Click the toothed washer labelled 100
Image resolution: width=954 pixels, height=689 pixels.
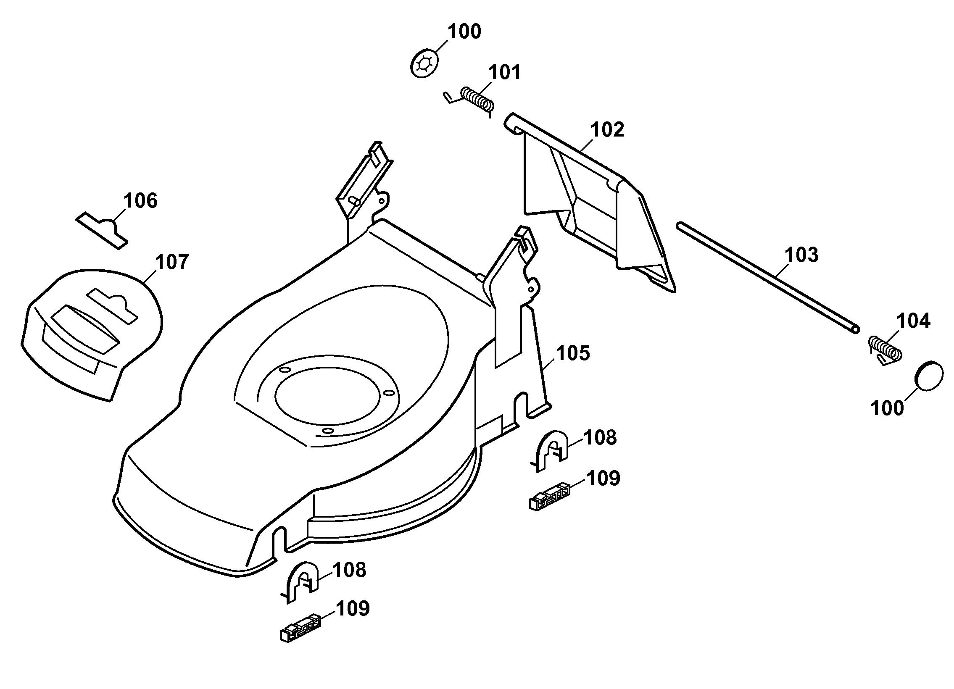(424, 64)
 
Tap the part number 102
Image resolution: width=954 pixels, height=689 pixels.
(607, 129)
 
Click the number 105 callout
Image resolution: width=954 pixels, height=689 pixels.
(573, 353)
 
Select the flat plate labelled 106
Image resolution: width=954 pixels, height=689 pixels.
(102, 229)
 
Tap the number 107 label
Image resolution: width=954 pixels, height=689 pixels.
(172, 262)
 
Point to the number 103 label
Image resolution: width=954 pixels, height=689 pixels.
(802, 255)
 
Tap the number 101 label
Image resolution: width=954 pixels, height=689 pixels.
(504, 72)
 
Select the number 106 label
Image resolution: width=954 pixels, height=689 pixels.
(141, 201)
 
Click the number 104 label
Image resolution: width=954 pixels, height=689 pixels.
(914, 321)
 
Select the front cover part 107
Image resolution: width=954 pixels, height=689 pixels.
(92, 334)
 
